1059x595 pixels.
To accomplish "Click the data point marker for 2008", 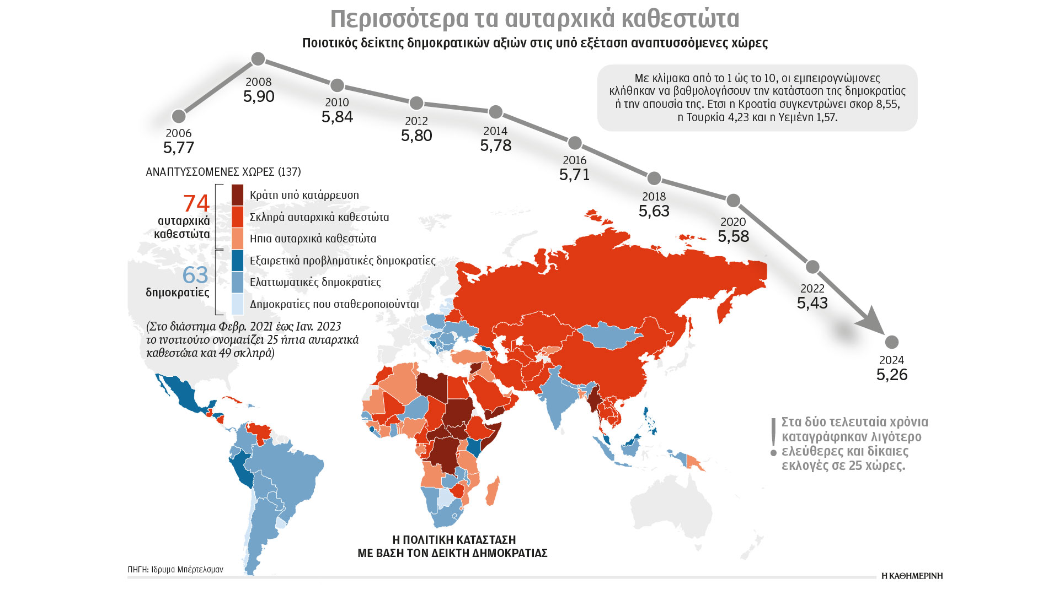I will pos(258,59).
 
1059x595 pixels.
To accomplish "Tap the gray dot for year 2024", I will pos(891,342).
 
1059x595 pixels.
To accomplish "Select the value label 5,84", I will pos(337,117).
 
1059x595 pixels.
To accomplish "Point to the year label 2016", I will pos(574,160).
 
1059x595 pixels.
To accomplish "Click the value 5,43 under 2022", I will pos(812,303).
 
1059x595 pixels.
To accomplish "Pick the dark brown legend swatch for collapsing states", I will pos(237,195).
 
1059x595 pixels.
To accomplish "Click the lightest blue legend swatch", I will pos(237,304).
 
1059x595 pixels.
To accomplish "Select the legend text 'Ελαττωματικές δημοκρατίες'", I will pos(315,282).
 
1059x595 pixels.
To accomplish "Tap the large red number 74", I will pos(196,203).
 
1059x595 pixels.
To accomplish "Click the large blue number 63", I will pos(195,275).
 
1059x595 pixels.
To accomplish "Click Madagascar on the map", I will pos(493,491).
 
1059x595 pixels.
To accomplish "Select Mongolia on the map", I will pos(609,336).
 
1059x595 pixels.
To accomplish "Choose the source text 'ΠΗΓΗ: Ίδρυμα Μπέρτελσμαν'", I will pos(175,570).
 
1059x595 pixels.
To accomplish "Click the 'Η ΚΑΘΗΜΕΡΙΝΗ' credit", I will pos(912,576).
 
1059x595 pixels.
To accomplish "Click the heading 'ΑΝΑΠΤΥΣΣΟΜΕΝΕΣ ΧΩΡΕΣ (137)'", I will pos(223,172).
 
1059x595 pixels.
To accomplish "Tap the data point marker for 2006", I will pos(179,116).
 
